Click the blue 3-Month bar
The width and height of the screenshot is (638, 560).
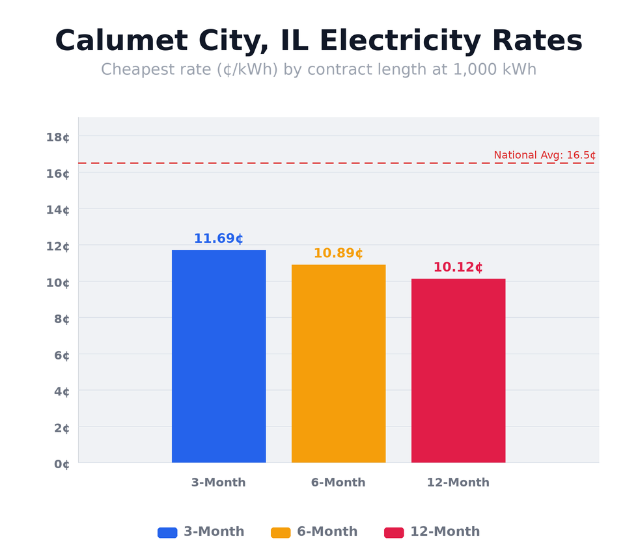point(219,356)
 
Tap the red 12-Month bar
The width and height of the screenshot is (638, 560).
point(458,371)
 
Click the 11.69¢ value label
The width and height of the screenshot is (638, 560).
point(219,239)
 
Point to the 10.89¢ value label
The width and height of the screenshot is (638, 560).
point(339,253)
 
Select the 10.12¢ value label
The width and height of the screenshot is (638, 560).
point(458,268)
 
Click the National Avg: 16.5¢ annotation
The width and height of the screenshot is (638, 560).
point(544,155)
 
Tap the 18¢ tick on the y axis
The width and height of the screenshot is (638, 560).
point(58,137)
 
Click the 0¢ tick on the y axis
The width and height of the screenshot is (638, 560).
point(61,464)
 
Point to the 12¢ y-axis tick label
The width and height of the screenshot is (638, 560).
point(58,246)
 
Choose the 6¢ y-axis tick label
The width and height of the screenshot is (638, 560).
point(61,355)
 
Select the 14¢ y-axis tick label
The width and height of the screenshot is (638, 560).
point(58,210)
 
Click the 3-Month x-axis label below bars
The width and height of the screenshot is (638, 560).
point(219,483)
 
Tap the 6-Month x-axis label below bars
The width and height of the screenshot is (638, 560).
point(339,483)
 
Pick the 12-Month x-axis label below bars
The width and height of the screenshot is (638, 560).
point(458,483)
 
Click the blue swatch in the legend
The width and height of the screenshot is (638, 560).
point(167,533)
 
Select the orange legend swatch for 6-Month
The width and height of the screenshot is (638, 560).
point(281,533)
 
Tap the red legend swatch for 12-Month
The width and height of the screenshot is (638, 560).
point(394,533)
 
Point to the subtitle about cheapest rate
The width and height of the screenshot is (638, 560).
point(319,70)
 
